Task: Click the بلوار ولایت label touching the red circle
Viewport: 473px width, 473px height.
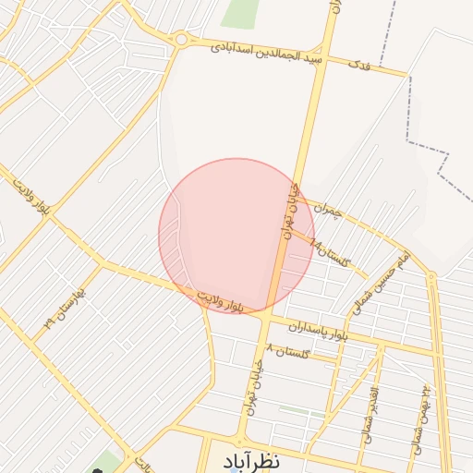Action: [221, 299]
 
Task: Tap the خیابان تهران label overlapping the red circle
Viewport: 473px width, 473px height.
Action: [288, 214]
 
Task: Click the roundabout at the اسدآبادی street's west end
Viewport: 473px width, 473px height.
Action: [180, 39]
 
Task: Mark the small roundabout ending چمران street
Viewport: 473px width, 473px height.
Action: [431, 276]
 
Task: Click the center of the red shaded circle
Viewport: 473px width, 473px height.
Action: [236, 236]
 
